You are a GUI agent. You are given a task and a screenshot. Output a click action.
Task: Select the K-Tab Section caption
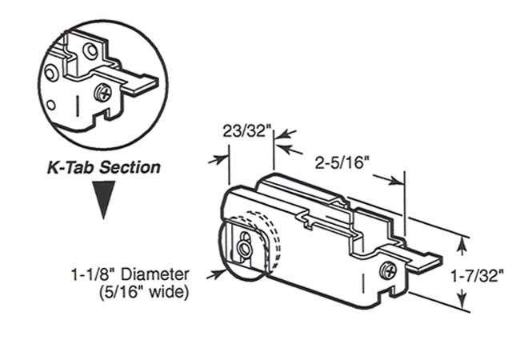click(x=102, y=168)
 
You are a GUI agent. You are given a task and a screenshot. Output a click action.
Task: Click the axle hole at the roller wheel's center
click(x=243, y=246)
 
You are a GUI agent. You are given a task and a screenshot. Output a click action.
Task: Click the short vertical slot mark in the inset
click(x=75, y=105)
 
